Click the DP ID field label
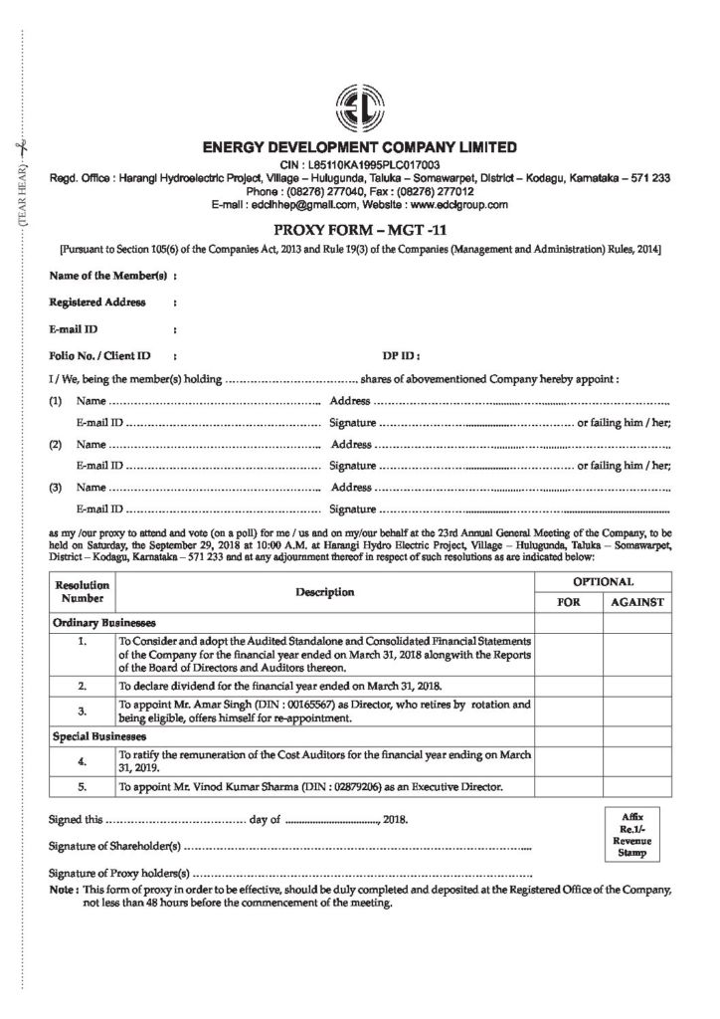(x=401, y=353)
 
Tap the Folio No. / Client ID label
(x=99, y=353)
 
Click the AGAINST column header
(x=637, y=603)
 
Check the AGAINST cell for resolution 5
(x=637, y=787)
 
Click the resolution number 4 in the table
(x=83, y=761)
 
